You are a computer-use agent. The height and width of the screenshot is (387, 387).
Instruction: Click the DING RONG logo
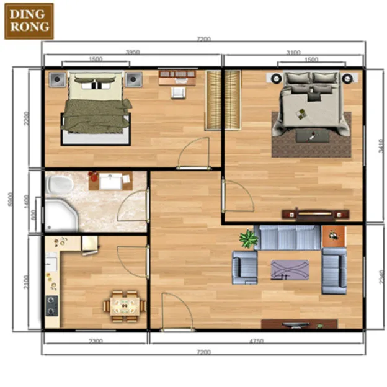click(x=29, y=21)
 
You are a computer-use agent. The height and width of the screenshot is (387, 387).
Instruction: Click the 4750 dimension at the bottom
click(x=256, y=340)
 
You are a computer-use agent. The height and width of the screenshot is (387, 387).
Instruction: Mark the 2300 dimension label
click(x=95, y=340)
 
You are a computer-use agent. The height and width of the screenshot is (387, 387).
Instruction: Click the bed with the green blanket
click(x=96, y=108)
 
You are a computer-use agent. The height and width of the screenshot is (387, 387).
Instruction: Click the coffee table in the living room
click(x=290, y=270)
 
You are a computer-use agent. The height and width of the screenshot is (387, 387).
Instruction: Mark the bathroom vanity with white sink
click(x=110, y=182)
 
